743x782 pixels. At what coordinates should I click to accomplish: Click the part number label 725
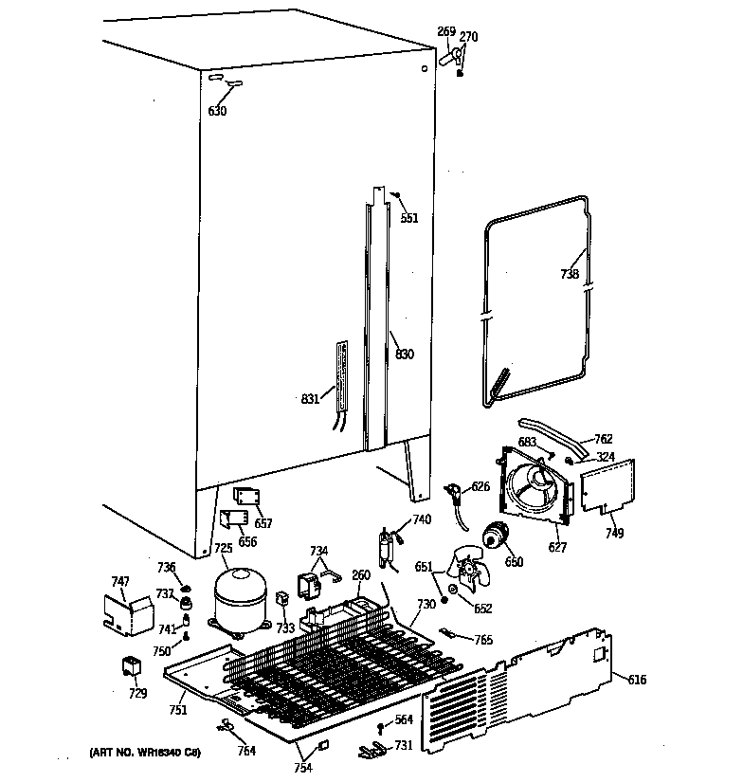click(x=223, y=548)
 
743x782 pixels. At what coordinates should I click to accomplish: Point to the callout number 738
click(x=569, y=273)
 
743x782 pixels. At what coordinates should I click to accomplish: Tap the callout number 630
click(x=217, y=112)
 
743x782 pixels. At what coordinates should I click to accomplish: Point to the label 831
click(x=310, y=398)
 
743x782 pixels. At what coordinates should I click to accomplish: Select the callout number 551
click(x=408, y=218)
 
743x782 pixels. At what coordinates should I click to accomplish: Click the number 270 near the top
click(x=468, y=37)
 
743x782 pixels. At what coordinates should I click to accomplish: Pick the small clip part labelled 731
click(x=375, y=751)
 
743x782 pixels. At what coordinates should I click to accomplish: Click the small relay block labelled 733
click(x=281, y=598)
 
